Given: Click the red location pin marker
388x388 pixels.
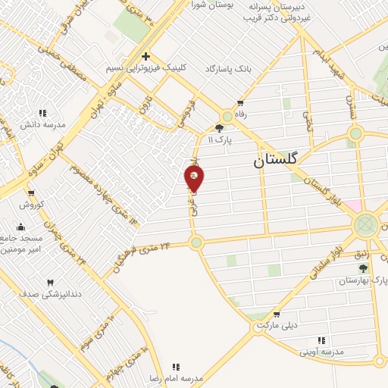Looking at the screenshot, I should [x=195, y=179].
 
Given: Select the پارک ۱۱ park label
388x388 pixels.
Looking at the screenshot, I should [x=236, y=139].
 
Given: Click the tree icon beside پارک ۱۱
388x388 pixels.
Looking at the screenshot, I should [x=220, y=128].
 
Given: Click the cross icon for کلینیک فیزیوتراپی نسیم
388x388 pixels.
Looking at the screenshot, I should [x=145, y=56].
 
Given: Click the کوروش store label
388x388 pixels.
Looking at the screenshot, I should [x=33, y=205].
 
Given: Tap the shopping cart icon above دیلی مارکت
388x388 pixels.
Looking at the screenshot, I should [x=276, y=314].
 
